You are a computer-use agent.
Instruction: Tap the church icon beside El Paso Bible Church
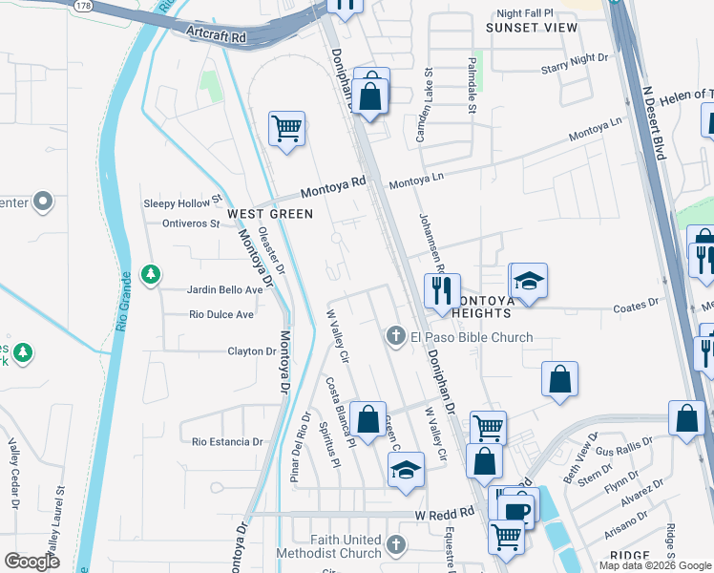(x=395, y=336)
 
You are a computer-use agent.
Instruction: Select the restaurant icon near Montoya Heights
(x=442, y=290)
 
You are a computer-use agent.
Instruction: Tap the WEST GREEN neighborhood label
(x=269, y=214)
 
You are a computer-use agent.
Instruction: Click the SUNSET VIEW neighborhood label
(x=532, y=28)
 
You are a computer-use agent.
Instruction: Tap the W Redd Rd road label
(x=444, y=514)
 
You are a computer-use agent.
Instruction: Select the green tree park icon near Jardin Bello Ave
(x=150, y=275)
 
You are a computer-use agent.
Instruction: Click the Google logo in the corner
(x=32, y=562)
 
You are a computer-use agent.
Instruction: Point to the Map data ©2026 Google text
(x=655, y=565)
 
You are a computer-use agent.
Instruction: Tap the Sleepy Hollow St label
(x=181, y=203)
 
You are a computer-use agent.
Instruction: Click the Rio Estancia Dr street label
(x=227, y=441)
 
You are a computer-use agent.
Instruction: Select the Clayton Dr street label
(x=251, y=351)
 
